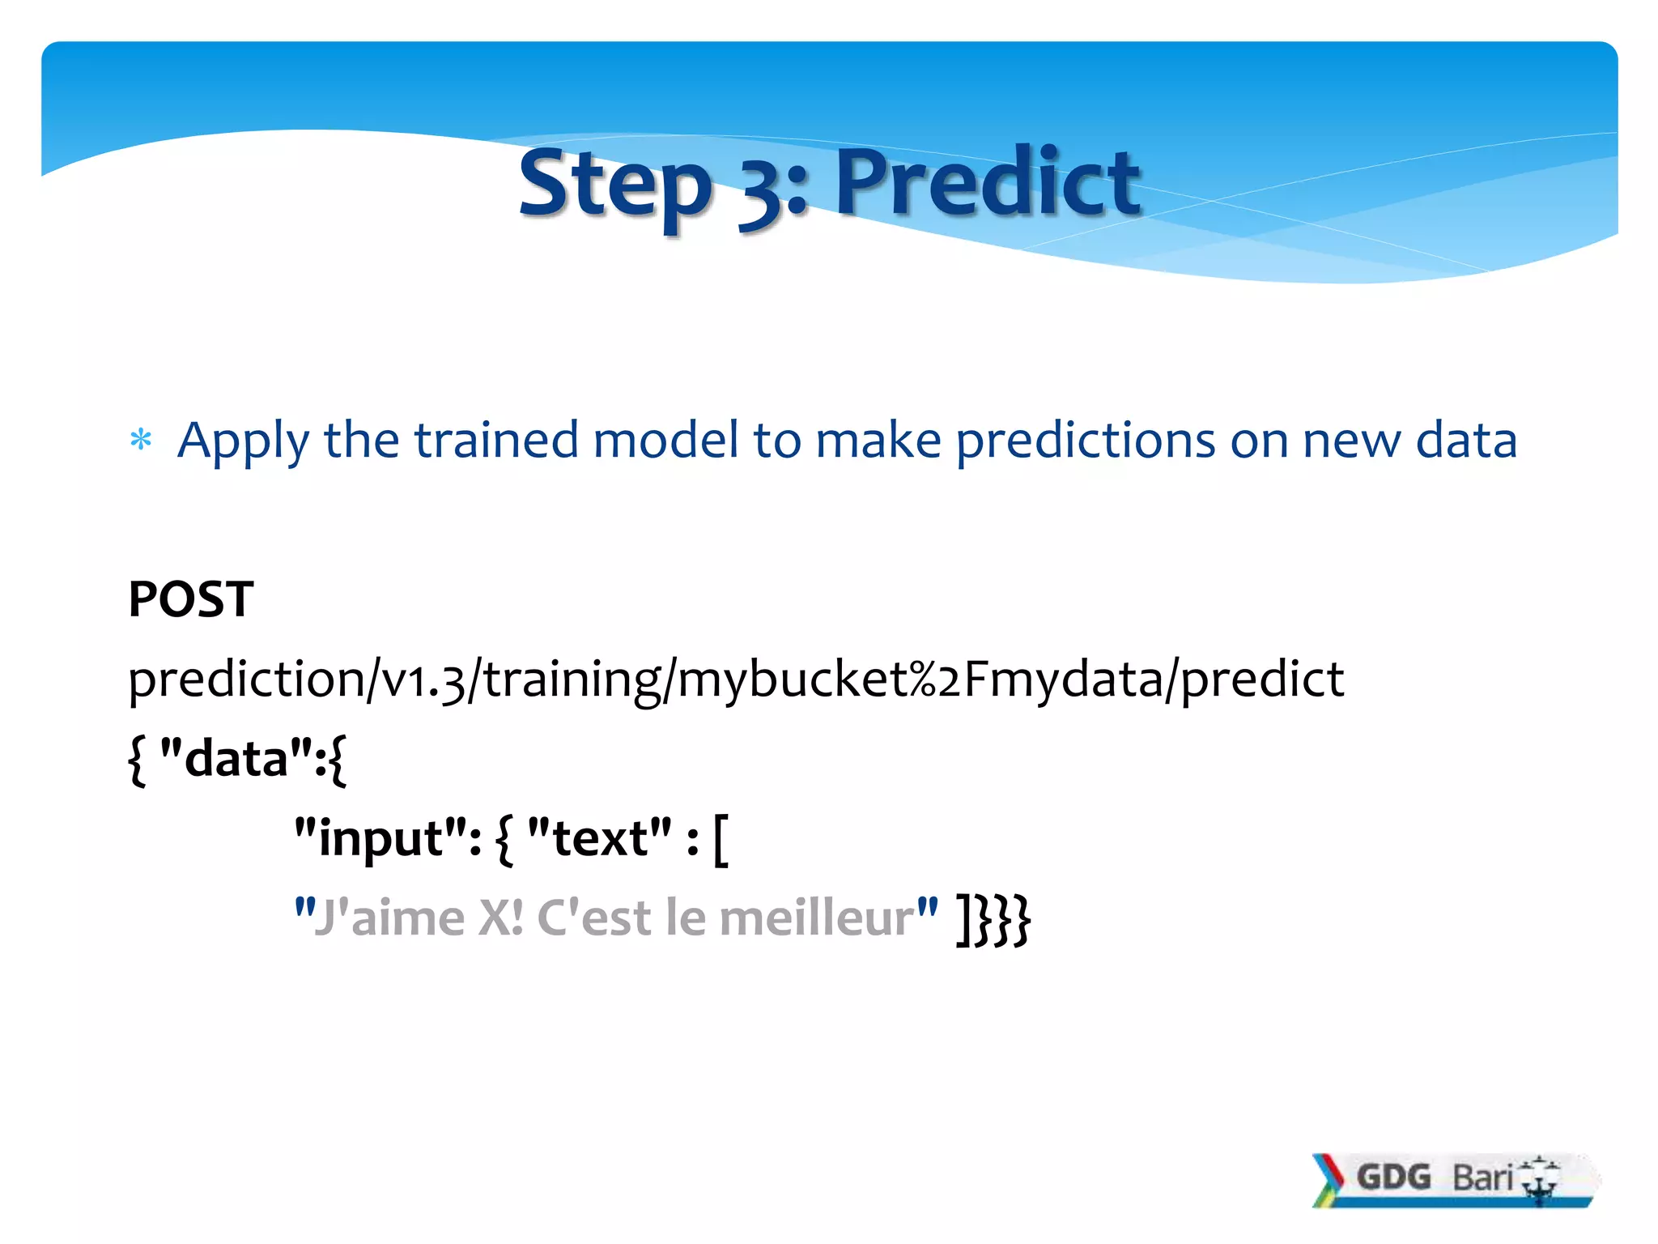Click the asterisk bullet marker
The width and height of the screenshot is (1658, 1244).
[141, 441]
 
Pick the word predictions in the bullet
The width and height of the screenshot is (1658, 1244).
[1086, 441]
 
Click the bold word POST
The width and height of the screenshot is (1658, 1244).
[191, 599]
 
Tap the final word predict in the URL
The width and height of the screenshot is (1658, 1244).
[1262, 679]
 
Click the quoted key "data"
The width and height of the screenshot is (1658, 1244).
[236, 758]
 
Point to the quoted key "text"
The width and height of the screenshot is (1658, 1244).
[599, 837]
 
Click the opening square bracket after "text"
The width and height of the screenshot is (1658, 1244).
[721, 841]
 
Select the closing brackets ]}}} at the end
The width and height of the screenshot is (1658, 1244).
[993, 920]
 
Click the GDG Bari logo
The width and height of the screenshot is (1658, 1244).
[1452, 1179]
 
